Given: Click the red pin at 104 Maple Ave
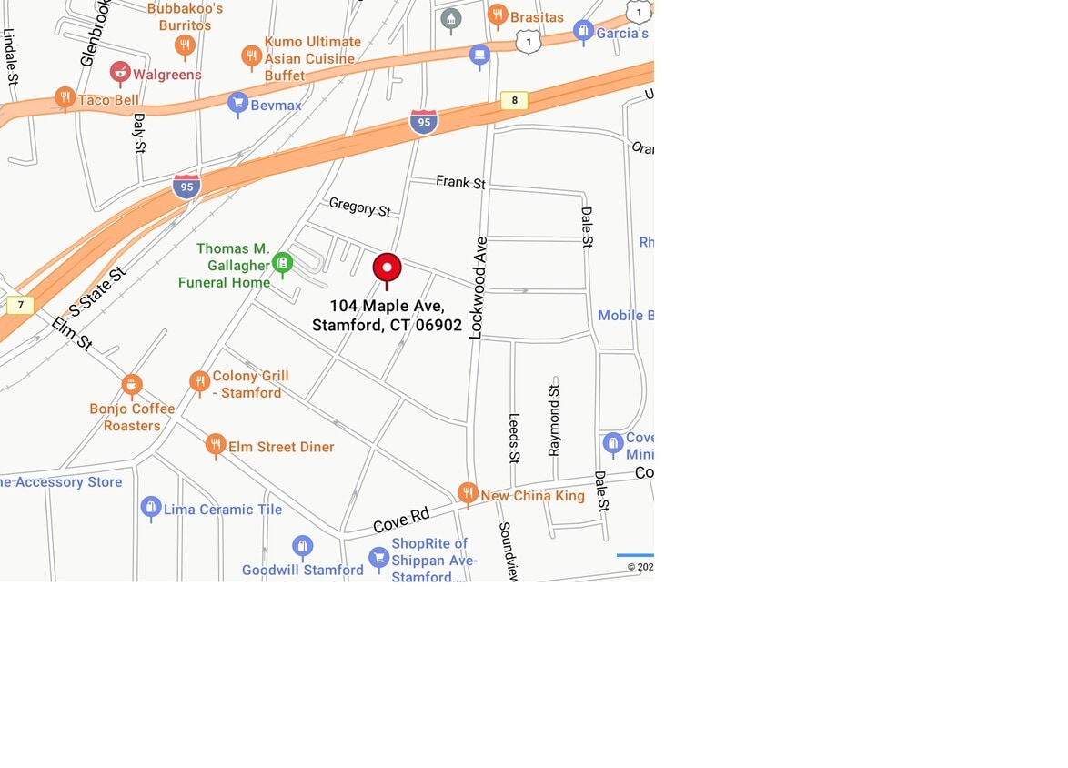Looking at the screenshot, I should [387, 268].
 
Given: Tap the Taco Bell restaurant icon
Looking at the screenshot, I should [65, 97].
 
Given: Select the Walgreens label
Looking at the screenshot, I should [166, 75].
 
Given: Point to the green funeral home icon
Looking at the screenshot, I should [282, 263].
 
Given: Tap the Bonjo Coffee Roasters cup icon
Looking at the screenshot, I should [132, 384].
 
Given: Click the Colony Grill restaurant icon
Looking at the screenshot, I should [199, 381].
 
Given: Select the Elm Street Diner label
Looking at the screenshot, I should [281, 447].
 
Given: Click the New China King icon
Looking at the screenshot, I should [468, 493].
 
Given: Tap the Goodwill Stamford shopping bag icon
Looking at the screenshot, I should [303, 546].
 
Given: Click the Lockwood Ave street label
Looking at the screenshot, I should [479, 288].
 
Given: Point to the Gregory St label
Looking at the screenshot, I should [359, 207].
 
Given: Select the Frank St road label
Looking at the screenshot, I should [460, 182].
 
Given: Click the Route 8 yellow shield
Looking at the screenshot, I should [514, 100].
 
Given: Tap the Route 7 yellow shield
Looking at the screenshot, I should [20, 305].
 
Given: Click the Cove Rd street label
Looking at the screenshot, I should [401, 520].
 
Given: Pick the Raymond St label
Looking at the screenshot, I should [554, 419].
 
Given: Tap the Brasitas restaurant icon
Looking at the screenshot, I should [498, 15].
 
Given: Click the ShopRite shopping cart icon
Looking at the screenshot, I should [378, 556].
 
